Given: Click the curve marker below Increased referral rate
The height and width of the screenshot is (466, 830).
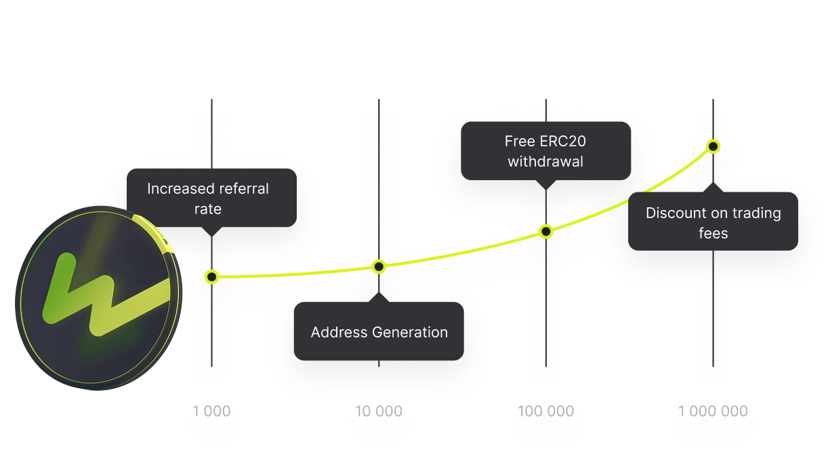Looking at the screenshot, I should [x=211, y=276].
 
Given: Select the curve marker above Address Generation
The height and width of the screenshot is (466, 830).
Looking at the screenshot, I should [x=379, y=267].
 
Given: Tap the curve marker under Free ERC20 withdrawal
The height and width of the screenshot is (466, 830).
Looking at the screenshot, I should [x=546, y=232].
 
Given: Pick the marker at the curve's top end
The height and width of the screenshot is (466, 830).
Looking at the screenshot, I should [x=713, y=146].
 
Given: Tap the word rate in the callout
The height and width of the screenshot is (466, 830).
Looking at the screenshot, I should [x=208, y=209].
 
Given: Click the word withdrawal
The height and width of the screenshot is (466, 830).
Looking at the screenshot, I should [x=545, y=162].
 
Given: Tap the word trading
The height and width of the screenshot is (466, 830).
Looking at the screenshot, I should [x=755, y=213].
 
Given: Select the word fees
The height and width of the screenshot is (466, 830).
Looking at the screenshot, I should [x=713, y=234].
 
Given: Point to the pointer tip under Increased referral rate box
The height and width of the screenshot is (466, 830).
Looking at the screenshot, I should [x=211, y=234].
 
